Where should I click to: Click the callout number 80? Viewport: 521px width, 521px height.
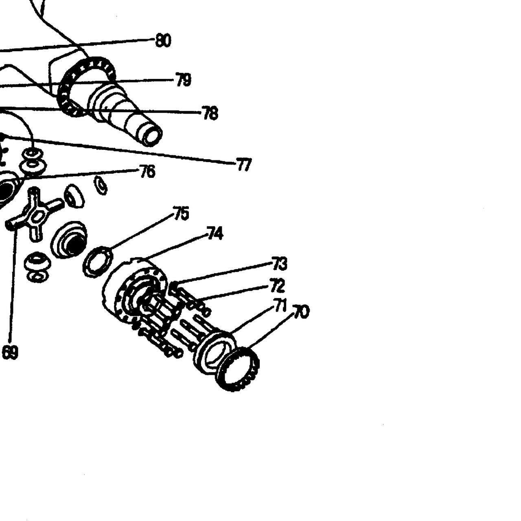163,41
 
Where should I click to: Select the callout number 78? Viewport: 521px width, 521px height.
210,113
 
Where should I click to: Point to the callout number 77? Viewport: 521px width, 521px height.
244,164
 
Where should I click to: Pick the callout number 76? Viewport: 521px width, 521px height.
148,171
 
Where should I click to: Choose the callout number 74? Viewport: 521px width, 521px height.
215,233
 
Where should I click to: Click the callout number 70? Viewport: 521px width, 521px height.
301,312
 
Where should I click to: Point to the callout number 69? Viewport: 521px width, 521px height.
10,352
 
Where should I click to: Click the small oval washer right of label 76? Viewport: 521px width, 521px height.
101,185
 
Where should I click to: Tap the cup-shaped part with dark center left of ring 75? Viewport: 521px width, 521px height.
69,241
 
